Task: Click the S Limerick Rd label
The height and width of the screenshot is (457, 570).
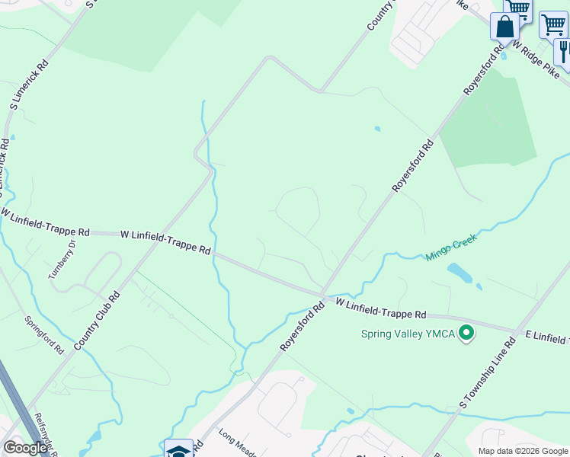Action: (27, 85)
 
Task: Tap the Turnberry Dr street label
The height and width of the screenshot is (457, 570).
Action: (63, 260)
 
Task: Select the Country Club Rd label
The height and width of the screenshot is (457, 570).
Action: (98, 322)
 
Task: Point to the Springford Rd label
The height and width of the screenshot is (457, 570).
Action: (44, 335)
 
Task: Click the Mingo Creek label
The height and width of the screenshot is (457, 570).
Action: (451, 248)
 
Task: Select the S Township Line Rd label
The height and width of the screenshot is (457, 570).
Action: (488, 373)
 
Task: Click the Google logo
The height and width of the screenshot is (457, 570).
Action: (25, 448)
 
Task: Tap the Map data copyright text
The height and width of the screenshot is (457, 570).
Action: (523, 451)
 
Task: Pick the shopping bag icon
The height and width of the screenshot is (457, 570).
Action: (504, 27)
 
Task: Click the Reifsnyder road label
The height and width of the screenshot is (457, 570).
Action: (41, 434)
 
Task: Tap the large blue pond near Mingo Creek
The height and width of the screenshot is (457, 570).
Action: (460, 273)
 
